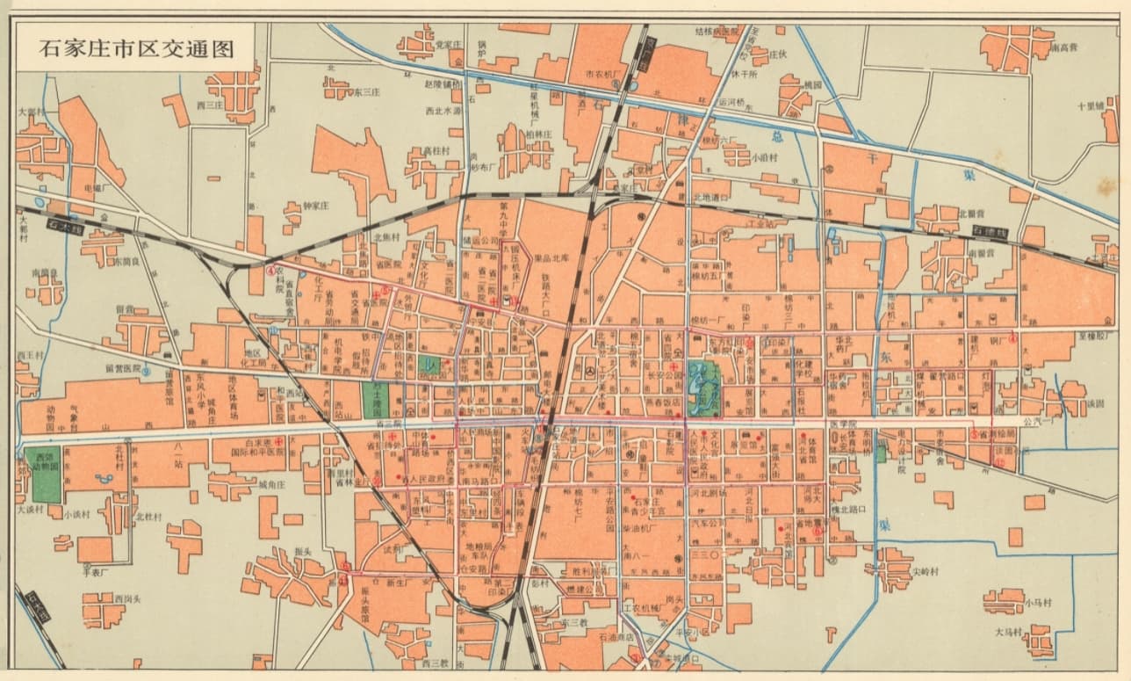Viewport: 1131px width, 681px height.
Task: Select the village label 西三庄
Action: tap(213, 105)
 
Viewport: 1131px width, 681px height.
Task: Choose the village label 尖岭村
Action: tap(925, 570)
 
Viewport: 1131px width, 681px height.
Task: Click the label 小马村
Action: tap(1039, 604)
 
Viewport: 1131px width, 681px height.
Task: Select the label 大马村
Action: tap(1009, 632)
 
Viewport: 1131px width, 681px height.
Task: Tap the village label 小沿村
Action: tap(764, 159)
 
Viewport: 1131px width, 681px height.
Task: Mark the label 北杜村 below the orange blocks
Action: tap(148, 517)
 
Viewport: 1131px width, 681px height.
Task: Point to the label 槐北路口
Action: tap(841, 508)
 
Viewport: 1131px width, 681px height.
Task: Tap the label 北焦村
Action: tap(387, 236)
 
